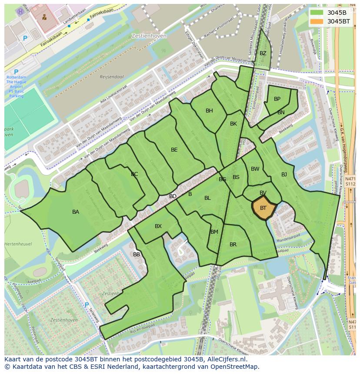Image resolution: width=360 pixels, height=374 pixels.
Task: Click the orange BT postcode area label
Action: tap(263, 208)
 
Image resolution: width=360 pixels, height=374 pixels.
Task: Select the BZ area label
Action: tap(263, 53)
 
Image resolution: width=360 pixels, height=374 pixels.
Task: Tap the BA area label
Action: tap(76, 212)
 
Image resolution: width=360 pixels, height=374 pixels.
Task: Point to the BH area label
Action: tap(209, 111)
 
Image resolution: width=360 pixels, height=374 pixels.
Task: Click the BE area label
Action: tap(174, 150)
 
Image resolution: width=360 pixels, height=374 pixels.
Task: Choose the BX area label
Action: tap(158, 226)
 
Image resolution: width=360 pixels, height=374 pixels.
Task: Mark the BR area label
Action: tap(233, 245)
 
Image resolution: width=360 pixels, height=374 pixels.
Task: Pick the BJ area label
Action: tap(284, 175)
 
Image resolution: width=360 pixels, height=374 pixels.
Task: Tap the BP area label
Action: tap(277, 99)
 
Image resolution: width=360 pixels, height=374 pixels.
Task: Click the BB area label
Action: tap(137, 255)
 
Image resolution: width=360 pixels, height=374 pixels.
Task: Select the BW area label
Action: tap(255, 169)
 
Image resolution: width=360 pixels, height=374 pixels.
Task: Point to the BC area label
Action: tap(134, 174)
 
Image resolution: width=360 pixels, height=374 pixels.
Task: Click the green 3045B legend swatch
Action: tap(317, 13)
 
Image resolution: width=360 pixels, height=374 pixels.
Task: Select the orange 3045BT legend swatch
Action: tap(317, 21)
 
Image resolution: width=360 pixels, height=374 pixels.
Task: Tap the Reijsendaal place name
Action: tap(112, 77)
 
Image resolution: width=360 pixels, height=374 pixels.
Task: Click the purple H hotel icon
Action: tap(20, 11)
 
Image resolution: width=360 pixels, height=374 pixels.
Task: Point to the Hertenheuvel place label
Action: tap(18, 244)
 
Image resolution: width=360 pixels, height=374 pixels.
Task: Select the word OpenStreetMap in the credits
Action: tap(235, 367)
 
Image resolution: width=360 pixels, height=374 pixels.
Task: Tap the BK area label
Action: tap(233, 124)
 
